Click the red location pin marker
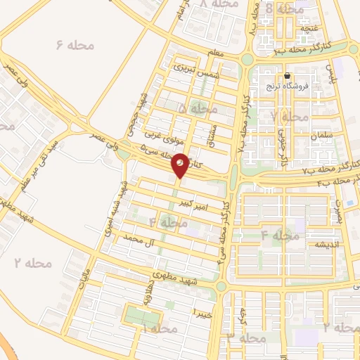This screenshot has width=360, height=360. pyautogui.click(x=180, y=165)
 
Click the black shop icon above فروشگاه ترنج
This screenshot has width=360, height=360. pyautogui.click(x=288, y=76)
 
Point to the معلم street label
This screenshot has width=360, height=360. pyautogui.click(x=218, y=53)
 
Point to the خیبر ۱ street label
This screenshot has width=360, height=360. pyautogui.click(x=202, y=311)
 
